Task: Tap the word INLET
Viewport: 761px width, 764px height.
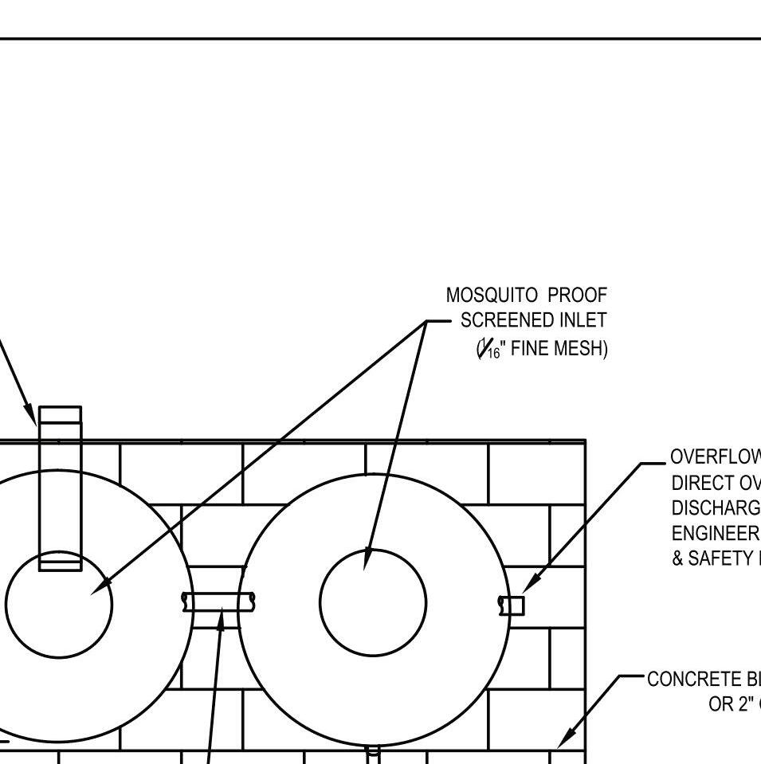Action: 582,321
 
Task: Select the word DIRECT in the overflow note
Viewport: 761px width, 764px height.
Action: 697,483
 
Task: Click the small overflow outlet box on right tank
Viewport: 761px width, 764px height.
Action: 515,605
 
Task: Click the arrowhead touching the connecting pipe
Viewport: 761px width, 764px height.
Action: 222,618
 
